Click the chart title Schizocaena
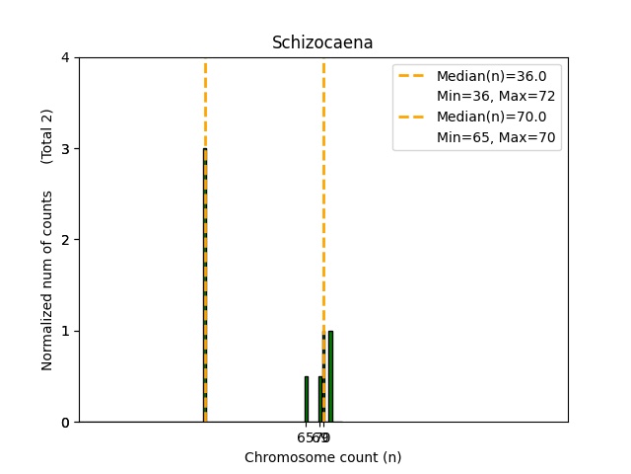point(322,42)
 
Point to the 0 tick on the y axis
point(66,422)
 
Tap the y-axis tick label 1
point(66,331)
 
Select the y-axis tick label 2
point(66,240)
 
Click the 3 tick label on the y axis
point(66,149)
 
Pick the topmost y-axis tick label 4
point(66,57)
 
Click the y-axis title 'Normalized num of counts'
point(47,280)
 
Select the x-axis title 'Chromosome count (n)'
point(322,457)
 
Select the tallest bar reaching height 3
point(205,285)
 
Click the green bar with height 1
point(330,376)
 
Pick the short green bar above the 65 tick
point(306,399)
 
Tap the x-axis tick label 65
point(304,437)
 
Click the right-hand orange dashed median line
point(323,197)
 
